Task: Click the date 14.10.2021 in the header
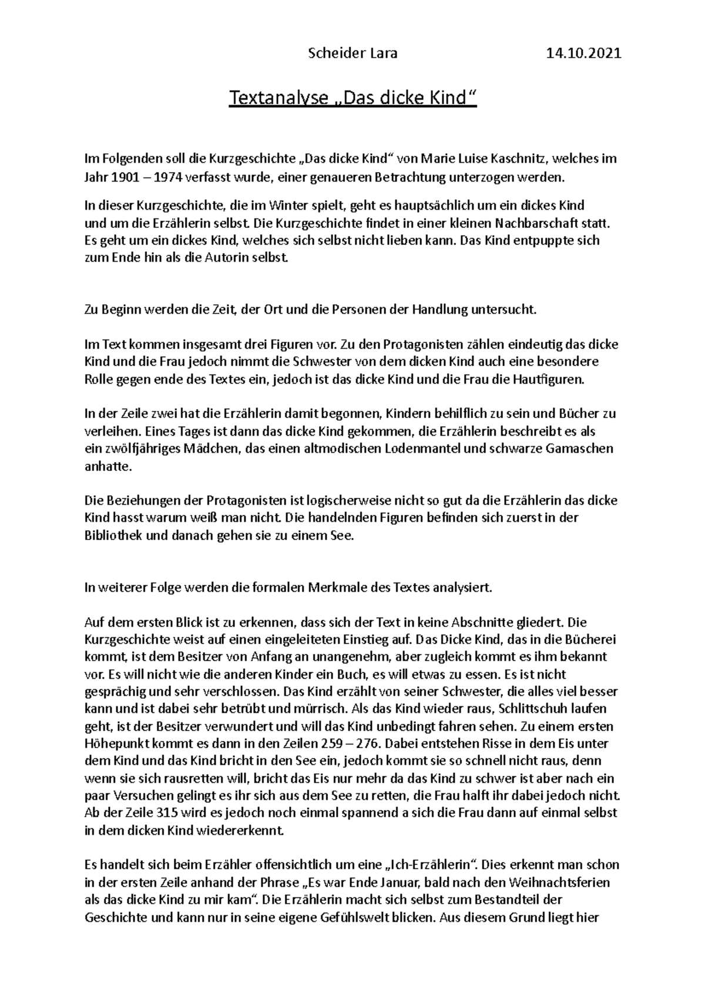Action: pos(583,53)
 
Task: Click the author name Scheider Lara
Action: pos(352,53)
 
